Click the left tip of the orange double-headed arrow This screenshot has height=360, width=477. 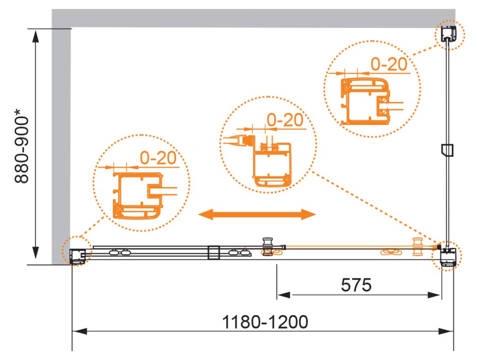[x=198, y=214]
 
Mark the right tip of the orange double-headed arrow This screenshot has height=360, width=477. [x=316, y=214]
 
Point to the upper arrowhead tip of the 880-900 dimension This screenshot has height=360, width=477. [x=36, y=30]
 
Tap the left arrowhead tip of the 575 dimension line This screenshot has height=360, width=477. [x=277, y=295]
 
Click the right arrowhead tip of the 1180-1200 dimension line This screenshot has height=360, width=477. [x=453, y=331]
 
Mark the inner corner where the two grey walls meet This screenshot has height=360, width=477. [x=71, y=28]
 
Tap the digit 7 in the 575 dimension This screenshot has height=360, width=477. [x=356, y=285]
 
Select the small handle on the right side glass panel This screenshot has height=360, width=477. [x=447, y=150]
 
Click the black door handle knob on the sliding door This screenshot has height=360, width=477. [x=268, y=246]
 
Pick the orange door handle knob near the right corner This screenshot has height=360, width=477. [x=417, y=246]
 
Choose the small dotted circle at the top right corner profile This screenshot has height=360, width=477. [x=449, y=35]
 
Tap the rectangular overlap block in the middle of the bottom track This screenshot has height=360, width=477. [x=213, y=253]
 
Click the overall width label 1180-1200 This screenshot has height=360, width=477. [x=265, y=322]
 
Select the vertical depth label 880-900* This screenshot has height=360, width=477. [x=22, y=146]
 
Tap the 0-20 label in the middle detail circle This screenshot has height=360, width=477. [x=285, y=120]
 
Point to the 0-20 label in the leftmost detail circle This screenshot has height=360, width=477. [x=158, y=158]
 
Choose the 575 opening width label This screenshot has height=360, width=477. [x=356, y=285]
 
